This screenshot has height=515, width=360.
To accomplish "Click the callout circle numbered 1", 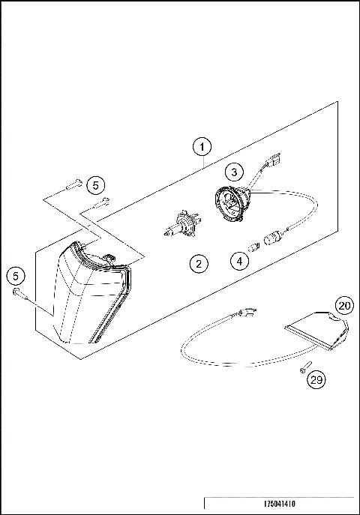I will coord(204,146).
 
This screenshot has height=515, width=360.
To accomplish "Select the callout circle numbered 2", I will coord(198,263).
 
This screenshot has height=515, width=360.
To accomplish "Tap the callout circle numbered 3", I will coord(233,172).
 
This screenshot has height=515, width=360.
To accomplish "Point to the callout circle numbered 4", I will coord(238,262).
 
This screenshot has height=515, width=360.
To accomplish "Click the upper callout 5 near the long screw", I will coord(94,184).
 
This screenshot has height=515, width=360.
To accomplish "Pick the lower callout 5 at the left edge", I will coord(16,276).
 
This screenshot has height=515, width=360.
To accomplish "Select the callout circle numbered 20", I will coord(343,306).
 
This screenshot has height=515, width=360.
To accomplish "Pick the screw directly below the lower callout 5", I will coord(19,298).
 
